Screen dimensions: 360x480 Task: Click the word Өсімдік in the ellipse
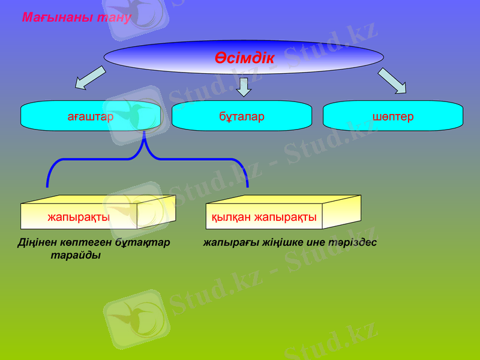pos(244,58)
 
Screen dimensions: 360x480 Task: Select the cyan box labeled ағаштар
pos(91,116)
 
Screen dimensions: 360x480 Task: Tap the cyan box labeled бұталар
pos(242,116)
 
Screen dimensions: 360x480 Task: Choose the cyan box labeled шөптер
pos(393,116)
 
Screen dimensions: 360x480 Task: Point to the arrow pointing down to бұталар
pos(243,86)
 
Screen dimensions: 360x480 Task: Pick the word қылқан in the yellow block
pos(232,217)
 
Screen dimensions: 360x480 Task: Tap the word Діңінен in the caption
pos(36,243)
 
